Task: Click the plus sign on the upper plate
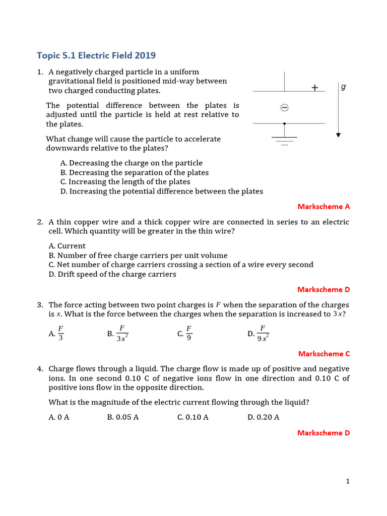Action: [315, 88]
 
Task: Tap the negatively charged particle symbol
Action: [284, 107]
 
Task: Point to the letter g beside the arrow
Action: [343, 87]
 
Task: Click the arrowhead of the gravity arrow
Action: [339, 135]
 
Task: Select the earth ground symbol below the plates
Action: [284, 140]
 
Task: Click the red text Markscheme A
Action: [324, 206]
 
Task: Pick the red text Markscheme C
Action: [324, 353]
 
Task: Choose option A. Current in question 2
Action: [67, 246]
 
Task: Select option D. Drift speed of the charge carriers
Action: [112, 274]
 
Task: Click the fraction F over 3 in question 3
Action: [60, 334]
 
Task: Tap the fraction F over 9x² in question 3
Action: [263, 334]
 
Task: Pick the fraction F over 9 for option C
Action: [189, 334]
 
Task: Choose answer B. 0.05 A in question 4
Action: [123, 417]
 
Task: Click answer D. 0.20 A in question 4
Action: [263, 417]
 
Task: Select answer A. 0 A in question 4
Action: [58, 417]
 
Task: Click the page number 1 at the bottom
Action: [348, 481]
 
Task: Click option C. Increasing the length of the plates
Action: [125, 181]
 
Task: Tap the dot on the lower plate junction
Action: [284, 123]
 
